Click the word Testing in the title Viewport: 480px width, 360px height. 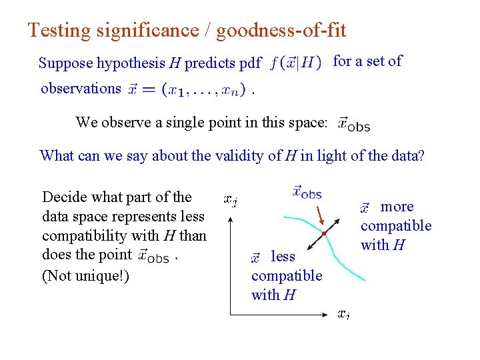coord(58,31)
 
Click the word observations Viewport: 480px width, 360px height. coord(81,88)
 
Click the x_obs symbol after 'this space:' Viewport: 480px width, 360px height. coord(353,123)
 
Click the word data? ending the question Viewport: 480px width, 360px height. coord(405,156)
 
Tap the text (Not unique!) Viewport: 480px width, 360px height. coord(85,275)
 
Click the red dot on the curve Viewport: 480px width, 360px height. coord(323,234)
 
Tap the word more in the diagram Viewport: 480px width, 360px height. coord(397,207)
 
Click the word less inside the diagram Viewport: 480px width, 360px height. coord(283,257)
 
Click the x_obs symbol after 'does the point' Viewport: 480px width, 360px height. coord(153,255)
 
